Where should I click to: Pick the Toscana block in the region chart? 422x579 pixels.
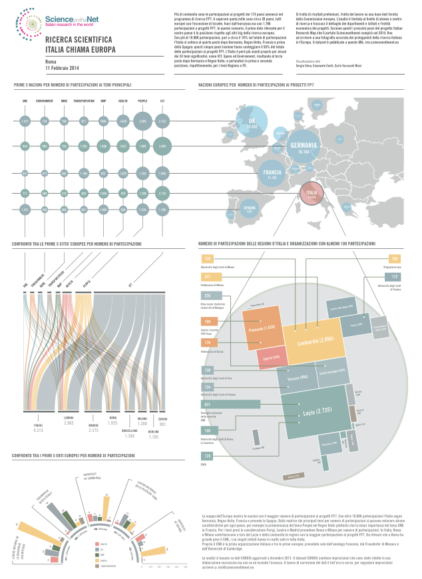tap(297, 377)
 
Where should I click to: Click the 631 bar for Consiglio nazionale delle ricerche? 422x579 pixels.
tap(230, 403)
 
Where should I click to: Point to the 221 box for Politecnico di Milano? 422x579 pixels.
tap(208, 276)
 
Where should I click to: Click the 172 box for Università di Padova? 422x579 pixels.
tap(394, 277)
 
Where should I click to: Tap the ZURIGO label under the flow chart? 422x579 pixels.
tap(163, 418)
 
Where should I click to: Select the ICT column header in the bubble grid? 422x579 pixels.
tap(162, 101)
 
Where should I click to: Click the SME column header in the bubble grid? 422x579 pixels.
tap(25, 101)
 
